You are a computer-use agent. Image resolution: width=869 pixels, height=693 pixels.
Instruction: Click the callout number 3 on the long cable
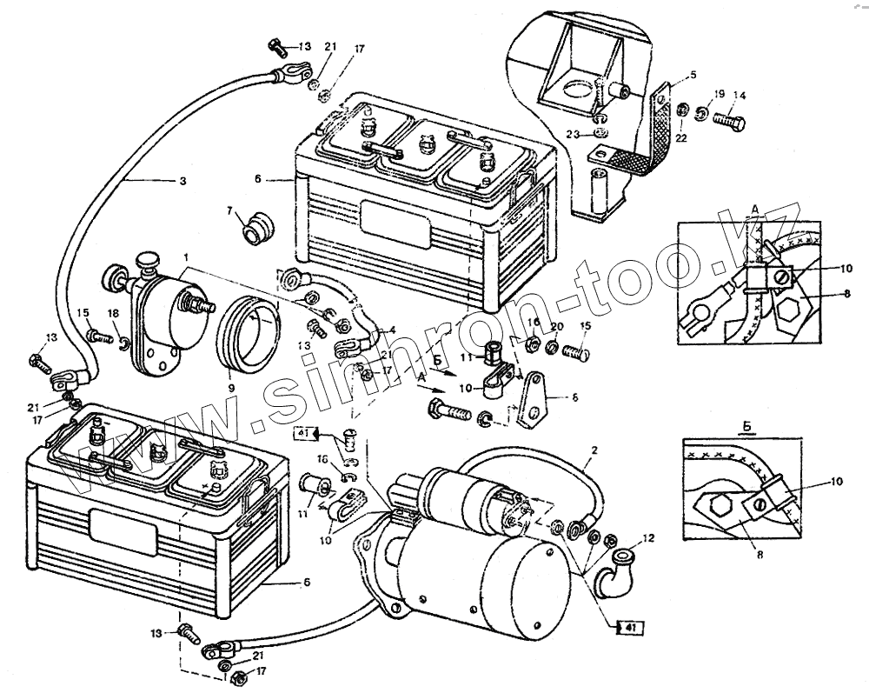(x=182, y=181)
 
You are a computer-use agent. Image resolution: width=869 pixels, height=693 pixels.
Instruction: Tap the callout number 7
(x=230, y=211)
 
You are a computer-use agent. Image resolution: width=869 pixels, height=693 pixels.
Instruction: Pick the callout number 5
(x=693, y=76)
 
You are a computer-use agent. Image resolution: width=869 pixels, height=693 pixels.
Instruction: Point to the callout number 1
(x=185, y=259)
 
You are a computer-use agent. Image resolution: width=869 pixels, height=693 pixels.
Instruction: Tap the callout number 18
(x=114, y=312)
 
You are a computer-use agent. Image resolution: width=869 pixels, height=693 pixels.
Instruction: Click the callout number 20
(x=556, y=326)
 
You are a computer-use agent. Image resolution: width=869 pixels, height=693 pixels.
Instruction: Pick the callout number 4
(x=392, y=330)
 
